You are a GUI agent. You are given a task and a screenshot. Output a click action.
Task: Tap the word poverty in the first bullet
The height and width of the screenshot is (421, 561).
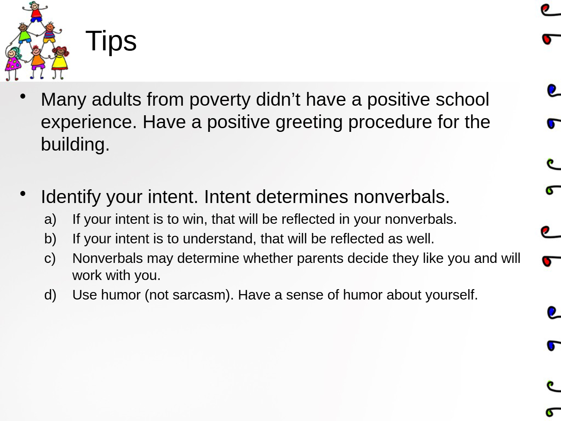[219, 100]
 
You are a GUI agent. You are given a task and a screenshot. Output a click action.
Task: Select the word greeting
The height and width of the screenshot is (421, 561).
[309, 123]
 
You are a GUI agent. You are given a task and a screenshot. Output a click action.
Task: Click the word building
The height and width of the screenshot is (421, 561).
[75, 144]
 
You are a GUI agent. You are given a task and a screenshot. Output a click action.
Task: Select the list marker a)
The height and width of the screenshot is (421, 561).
[50, 220]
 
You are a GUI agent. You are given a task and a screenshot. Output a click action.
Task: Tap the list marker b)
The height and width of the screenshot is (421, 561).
[50, 239]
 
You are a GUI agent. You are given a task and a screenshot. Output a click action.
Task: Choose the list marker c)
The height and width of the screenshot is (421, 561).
[50, 259]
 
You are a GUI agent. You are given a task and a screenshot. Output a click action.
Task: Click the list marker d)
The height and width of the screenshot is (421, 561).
[50, 295]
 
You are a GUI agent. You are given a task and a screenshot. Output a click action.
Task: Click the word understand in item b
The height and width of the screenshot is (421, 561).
[219, 239]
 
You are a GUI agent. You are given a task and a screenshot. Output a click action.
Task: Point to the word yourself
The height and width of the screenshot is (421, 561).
[451, 295]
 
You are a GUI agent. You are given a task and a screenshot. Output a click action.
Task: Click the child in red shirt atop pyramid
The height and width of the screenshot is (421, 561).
[35, 12]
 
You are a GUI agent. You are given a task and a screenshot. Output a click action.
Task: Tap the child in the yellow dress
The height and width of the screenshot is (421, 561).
[60, 62]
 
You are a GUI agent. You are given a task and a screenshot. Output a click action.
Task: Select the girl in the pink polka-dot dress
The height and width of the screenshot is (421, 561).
[13, 63]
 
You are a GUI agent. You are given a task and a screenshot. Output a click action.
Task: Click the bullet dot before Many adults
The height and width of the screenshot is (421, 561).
[23, 97]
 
